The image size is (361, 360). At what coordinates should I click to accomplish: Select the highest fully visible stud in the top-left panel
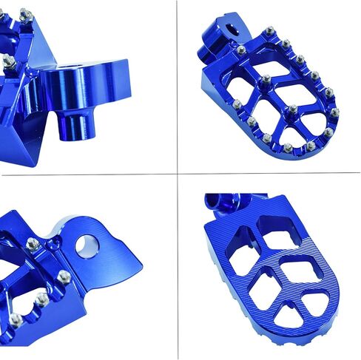point(27,15)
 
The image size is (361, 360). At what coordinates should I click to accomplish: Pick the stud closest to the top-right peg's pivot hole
point(241,50)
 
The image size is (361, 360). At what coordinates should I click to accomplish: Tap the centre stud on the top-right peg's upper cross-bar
point(266,78)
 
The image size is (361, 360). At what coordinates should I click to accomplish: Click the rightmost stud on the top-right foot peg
point(334,112)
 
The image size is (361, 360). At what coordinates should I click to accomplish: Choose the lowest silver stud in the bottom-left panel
point(15,319)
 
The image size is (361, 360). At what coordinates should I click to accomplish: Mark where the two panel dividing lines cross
point(178,174)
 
